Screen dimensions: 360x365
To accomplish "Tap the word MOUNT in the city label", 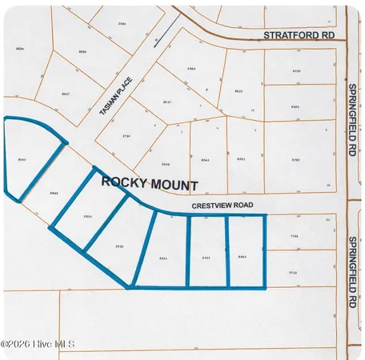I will point(174,183).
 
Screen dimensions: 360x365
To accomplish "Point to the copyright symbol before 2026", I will point(6,344).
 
